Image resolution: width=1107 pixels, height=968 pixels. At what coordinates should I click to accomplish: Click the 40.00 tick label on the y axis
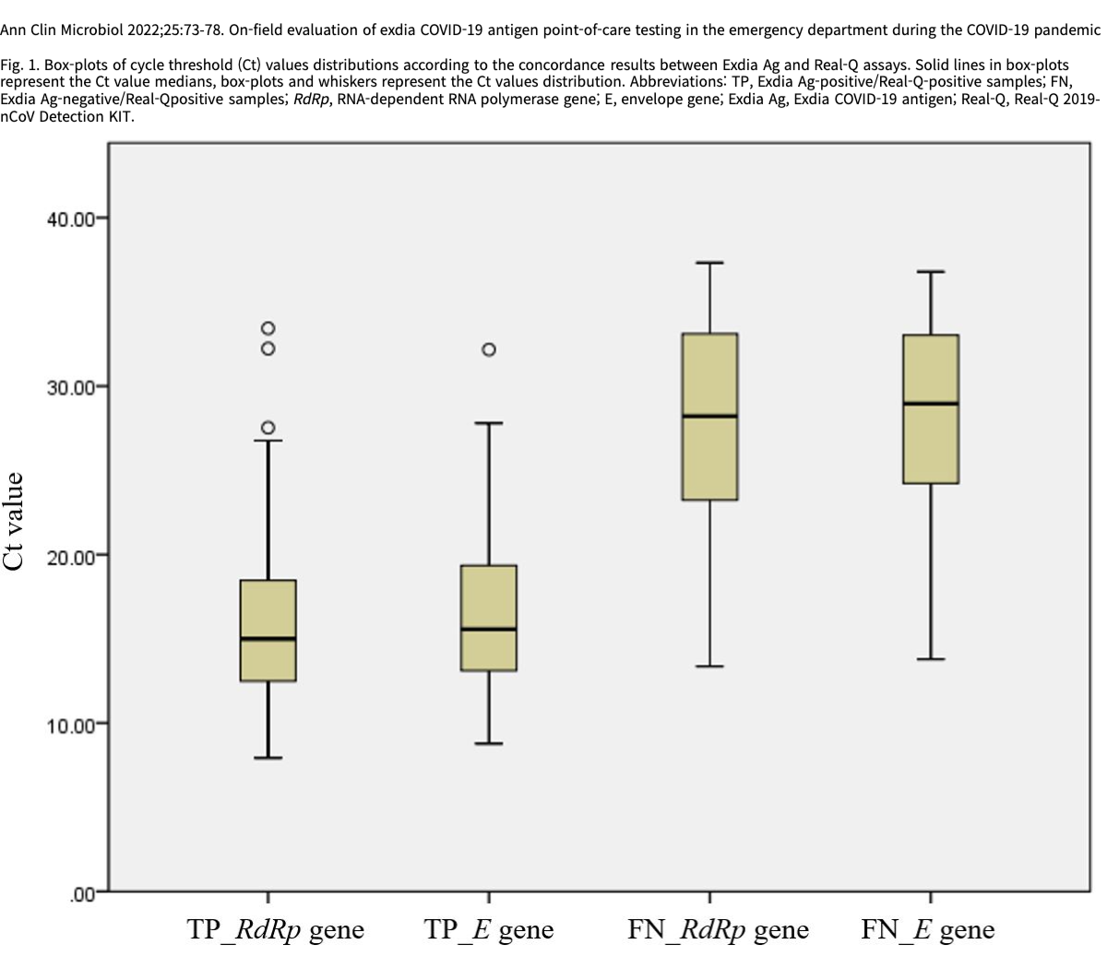pyautogui.click(x=70, y=218)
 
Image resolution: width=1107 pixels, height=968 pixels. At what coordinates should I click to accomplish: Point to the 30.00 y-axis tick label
pyautogui.click(x=70, y=387)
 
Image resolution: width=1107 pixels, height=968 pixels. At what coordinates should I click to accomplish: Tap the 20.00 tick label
pyautogui.click(x=70, y=556)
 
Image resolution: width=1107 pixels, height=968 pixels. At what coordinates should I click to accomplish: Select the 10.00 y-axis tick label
pyautogui.click(x=70, y=725)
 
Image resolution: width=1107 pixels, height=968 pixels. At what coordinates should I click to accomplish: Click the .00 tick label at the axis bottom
pyautogui.click(x=81, y=893)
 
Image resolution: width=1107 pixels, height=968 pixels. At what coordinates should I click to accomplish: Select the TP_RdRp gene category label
pyautogui.click(x=276, y=929)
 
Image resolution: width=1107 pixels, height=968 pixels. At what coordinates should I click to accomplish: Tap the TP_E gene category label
pyautogui.click(x=489, y=929)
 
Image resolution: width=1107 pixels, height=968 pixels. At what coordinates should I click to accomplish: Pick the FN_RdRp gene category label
pyautogui.click(x=718, y=929)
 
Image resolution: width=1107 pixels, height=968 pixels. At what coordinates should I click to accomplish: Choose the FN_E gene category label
pyautogui.click(x=928, y=929)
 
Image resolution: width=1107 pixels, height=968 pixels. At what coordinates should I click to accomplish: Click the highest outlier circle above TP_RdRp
pyautogui.click(x=268, y=328)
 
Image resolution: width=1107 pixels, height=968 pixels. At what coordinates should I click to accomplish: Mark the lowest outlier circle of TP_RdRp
pyautogui.click(x=268, y=428)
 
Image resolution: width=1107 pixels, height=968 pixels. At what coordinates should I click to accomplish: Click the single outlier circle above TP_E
pyautogui.click(x=489, y=349)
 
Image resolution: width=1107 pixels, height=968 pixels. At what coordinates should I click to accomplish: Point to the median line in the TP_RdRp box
pyautogui.click(x=268, y=638)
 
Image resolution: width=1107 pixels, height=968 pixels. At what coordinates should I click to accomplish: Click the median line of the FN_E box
pyautogui.click(x=931, y=404)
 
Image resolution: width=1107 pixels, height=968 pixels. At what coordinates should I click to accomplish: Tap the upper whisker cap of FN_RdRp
pyautogui.click(x=709, y=263)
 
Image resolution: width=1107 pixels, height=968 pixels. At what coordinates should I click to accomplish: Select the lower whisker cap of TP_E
pyautogui.click(x=489, y=743)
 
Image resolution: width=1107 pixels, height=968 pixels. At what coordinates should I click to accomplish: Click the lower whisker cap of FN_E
pyautogui.click(x=931, y=659)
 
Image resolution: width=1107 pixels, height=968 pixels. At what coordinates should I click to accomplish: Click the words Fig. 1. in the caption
pyautogui.click(x=20, y=65)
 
